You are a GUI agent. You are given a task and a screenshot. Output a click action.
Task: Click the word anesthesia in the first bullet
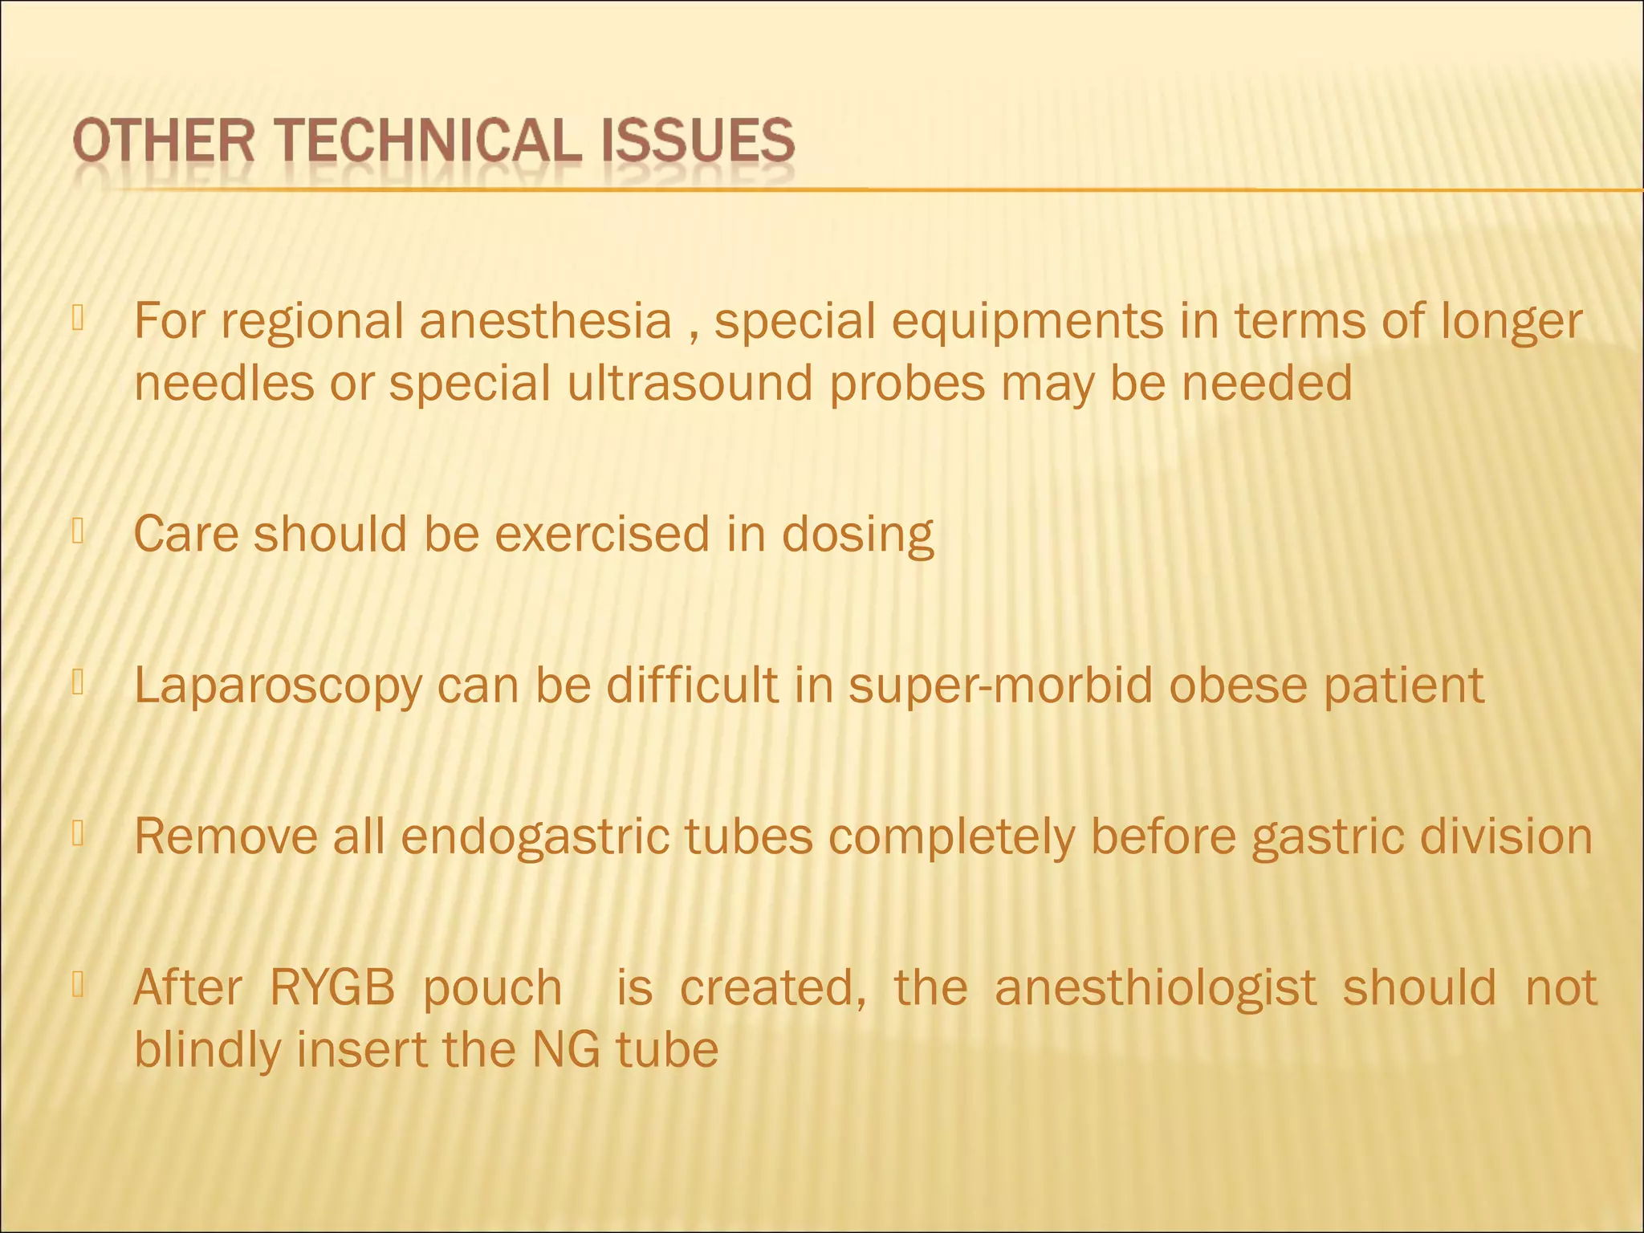[546, 321]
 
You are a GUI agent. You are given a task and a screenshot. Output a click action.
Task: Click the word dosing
[857, 535]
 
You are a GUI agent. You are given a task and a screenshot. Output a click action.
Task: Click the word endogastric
[535, 838]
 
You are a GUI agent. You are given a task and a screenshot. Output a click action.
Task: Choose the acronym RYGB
[332, 987]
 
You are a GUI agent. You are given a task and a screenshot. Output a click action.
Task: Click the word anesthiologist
[1155, 987]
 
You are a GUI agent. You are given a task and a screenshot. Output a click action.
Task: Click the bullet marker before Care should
[78, 531]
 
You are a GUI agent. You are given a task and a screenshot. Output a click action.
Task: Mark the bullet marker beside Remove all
[78, 834]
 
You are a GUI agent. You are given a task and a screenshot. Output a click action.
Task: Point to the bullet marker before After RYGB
[78, 984]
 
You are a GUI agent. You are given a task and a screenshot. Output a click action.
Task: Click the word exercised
[602, 535]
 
